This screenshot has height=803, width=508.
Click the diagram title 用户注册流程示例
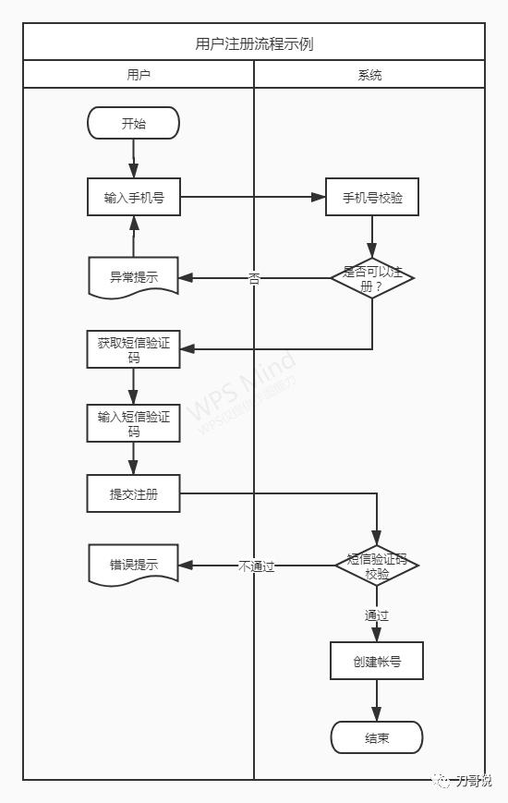pos(254,43)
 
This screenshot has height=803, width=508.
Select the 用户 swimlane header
pos(139,75)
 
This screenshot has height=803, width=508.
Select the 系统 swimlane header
pos(369,75)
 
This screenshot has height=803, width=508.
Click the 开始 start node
pos(133,123)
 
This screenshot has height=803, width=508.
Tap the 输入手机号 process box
pos(133,197)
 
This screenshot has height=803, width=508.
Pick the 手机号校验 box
pos(372,197)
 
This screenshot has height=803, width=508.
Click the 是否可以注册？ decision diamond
pos(372,278)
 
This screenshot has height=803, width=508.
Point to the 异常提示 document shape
pos(133,277)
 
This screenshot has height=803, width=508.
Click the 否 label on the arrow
pos(254,277)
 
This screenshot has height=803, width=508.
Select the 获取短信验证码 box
pos(133,348)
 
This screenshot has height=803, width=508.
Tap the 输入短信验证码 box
pos(133,423)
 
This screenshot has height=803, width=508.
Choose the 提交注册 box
pos(133,494)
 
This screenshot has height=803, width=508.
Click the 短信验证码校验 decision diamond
pos(377,566)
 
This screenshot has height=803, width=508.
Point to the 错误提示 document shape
pos(133,565)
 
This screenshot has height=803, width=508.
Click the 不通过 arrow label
pos(256,566)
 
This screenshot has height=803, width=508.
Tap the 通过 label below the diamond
pos(376,614)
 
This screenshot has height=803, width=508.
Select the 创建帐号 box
pos(376,662)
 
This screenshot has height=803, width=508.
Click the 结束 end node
pos(376,737)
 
